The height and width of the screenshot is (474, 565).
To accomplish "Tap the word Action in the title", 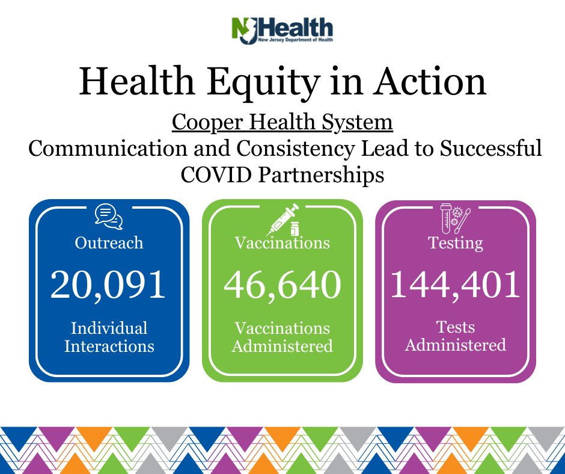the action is [429, 81].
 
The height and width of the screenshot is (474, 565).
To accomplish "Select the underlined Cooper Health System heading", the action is [282, 123].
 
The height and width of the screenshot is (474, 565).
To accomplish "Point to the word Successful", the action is [491, 147].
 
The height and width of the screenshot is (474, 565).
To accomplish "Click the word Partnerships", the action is [321, 175].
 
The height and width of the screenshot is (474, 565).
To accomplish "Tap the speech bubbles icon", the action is [109, 217].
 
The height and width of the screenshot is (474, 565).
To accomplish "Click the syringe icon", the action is [283, 220].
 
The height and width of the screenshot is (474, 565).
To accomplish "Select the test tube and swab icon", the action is [456, 218].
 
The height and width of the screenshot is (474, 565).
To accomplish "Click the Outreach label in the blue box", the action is [109, 243].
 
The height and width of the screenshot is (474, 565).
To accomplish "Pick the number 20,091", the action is [108, 285].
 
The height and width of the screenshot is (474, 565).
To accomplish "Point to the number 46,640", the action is [282, 285].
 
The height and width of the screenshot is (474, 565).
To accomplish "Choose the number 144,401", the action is [456, 285].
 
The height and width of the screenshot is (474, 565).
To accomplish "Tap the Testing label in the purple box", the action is [456, 244].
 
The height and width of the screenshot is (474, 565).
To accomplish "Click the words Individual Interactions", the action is [109, 337].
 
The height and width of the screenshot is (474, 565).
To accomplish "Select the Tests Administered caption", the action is [456, 336].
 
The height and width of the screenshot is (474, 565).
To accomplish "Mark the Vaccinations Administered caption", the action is [282, 337].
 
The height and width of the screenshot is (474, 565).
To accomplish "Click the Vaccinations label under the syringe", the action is [282, 243].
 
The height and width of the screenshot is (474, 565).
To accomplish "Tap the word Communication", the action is [108, 148].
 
